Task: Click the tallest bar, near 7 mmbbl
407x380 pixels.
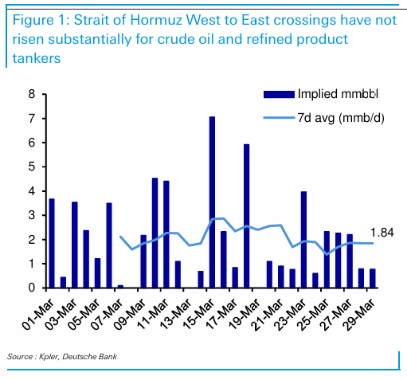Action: tap(212, 202)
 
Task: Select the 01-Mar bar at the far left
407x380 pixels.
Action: tap(52, 243)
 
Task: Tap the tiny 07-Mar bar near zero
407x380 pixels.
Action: tap(120, 287)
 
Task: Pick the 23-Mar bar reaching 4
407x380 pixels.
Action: tap(303, 240)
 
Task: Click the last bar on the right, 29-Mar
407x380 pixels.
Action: tap(373, 278)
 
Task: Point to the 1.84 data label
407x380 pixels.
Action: tap(382, 233)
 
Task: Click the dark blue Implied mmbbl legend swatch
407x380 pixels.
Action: tap(279, 94)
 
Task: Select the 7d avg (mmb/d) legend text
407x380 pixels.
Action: tap(341, 118)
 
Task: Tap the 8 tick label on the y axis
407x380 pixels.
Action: tap(32, 94)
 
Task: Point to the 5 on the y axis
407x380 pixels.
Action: tap(32, 166)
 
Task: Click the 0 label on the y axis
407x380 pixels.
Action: tap(32, 288)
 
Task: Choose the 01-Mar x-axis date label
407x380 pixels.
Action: tap(38, 315)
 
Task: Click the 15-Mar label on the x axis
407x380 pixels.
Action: tap(198, 315)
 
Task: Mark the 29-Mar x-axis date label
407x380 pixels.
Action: tap(359, 315)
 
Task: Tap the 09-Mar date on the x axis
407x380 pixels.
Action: tap(130, 315)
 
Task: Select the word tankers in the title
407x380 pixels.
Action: tap(37, 58)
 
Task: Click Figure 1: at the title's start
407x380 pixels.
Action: tap(41, 21)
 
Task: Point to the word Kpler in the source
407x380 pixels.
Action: tap(49, 357)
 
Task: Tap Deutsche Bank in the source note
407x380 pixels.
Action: tap(89, 356)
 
